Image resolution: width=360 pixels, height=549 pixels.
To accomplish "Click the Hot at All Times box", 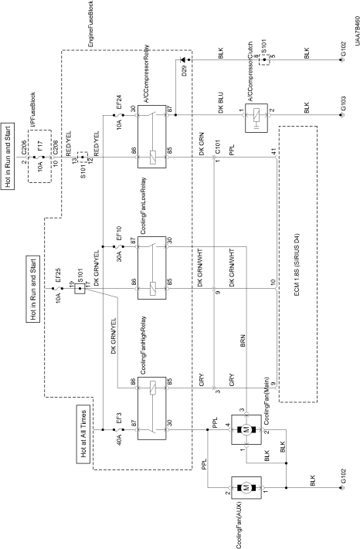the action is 83,434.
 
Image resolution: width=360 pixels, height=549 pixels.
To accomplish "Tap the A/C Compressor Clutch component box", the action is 256,118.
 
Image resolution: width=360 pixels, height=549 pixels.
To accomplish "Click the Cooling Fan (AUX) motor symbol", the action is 246,487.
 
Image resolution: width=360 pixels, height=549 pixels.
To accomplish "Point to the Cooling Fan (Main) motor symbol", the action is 246,429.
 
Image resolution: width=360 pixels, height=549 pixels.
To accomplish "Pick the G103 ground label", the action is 344,103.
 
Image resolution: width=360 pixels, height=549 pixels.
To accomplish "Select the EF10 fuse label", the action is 119,233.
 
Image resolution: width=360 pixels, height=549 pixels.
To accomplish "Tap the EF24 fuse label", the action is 119,102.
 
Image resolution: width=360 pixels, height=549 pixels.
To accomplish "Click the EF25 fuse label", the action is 58,276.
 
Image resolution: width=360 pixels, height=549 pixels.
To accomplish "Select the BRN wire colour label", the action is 243,341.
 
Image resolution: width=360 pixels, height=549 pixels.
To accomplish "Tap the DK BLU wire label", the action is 221,103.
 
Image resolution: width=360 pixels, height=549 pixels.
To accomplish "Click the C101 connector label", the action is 218,147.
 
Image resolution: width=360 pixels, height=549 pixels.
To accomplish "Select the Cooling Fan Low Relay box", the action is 151,268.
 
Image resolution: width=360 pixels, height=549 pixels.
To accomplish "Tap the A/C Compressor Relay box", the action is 151,137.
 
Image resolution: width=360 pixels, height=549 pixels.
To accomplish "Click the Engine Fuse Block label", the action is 90,24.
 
